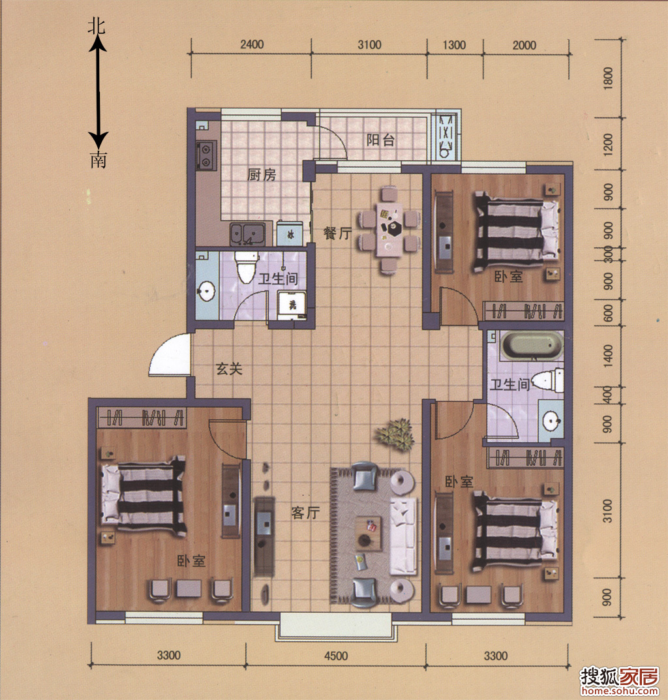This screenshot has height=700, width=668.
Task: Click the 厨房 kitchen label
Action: click(x=262, y=175)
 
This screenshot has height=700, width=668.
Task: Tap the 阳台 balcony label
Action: click(x=380, y=140)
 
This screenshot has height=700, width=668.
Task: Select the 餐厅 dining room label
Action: click(x=337, y=233)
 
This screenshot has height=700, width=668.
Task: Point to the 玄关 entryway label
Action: click(x=229, y=369)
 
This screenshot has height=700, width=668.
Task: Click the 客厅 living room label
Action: click(x=305, y=513)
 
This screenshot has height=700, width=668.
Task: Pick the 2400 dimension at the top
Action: click(x=252, y=44)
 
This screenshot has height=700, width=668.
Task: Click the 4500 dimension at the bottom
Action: click(x=336, y=656)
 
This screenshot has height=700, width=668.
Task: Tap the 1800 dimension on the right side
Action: click(x=608, y=78)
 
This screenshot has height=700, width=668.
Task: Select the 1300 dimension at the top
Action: click(x=454, y=44)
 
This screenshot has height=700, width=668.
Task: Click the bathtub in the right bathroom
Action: click(x=532, y=345)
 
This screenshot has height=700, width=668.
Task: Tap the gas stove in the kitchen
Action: click(x=206, y=155)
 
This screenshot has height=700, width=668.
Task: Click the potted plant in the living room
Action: click(x=395, y=433)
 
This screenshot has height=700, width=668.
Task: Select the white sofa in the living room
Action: click(x=403, y=536)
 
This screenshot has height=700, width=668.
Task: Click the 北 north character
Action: click(x=97, y=26)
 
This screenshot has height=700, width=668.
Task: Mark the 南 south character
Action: click(x=99, y=159)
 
